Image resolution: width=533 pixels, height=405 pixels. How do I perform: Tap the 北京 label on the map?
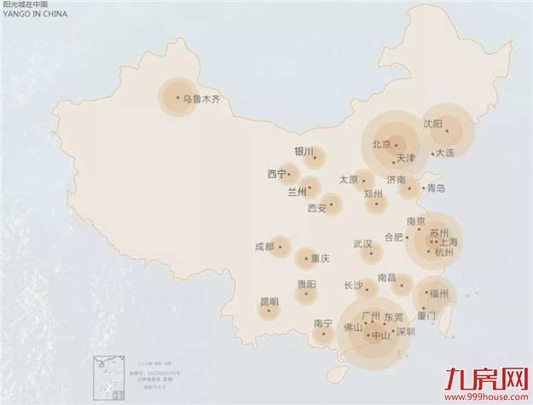[380, 144]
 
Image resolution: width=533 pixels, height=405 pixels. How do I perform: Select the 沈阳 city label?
[433, 124]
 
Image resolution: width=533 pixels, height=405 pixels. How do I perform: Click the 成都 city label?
[264, 247]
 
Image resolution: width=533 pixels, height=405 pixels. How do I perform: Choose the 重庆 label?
[320, 259]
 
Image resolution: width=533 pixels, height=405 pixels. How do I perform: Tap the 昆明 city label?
[269, 301]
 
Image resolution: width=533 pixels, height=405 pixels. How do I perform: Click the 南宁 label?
[322, 323]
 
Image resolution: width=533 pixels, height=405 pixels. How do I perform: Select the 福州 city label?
[439, 294]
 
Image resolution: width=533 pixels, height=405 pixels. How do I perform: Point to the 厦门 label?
[427, 315]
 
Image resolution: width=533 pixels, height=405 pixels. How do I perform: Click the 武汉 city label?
[362, 244]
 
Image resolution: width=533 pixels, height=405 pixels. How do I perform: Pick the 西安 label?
[317, 207]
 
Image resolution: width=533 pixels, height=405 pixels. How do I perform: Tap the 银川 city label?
[304, 152]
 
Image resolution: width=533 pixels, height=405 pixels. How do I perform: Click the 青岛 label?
[436, 188]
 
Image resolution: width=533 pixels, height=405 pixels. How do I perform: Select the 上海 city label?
[448, 242]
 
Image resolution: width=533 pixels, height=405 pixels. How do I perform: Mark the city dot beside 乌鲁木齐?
[178, 97]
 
